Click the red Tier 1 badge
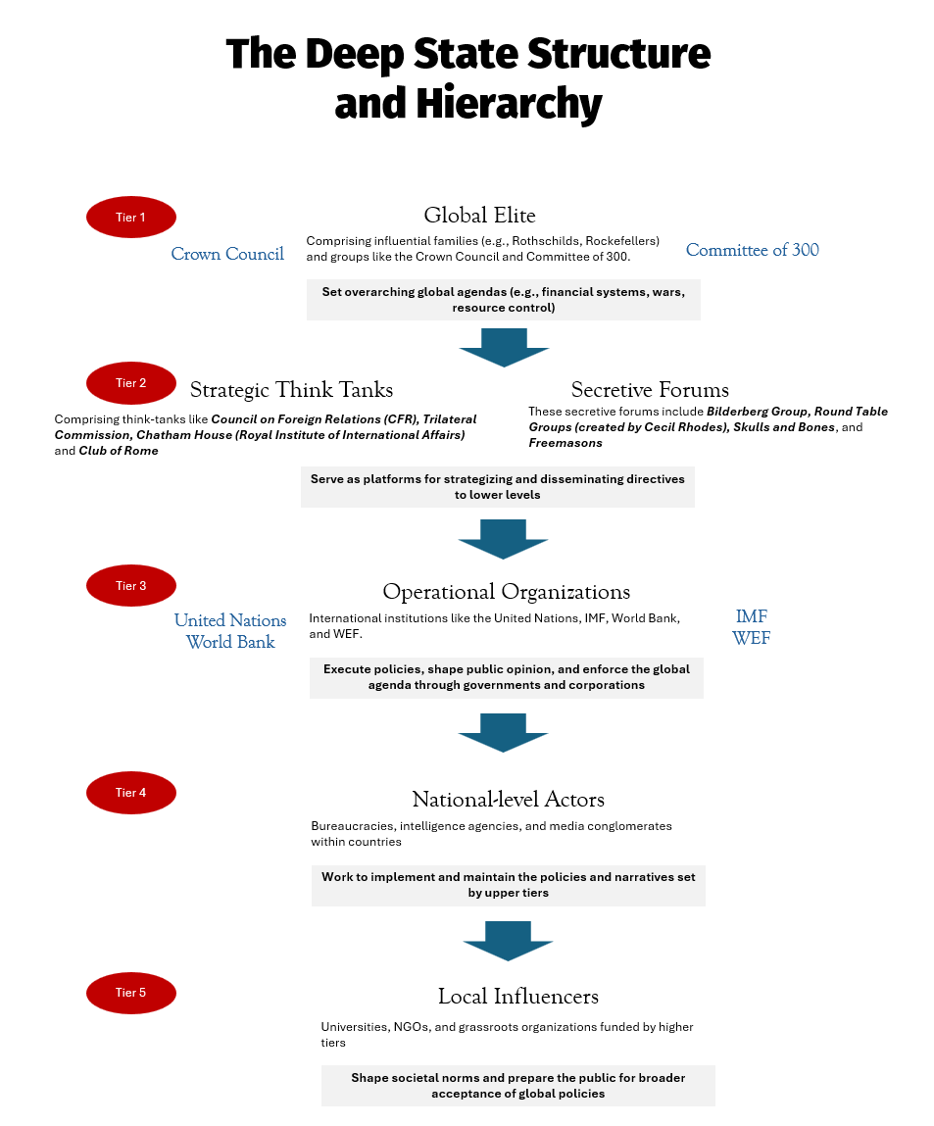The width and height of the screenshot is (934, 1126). coord(131,218)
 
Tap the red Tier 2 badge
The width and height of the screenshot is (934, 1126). coord(131,383)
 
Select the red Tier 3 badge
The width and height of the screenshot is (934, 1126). coord(131,586)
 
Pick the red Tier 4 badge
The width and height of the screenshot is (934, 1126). coord(131,793)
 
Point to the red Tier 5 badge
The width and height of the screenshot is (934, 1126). coord(131,993)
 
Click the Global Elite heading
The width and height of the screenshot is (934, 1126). coord(479,216)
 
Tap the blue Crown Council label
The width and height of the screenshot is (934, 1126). coord(227,254)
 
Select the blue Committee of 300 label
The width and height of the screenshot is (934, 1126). coord(752,250)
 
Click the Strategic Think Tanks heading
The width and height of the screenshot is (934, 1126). coord(291,390)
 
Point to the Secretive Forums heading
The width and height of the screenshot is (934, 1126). coord(650,390)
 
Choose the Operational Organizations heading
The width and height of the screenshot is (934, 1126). coord(506,592)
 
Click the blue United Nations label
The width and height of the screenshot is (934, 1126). coord(230,620)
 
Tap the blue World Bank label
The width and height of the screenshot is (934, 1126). coord(230,643)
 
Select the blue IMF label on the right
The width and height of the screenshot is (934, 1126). coord(752,616)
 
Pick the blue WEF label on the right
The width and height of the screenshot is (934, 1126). coord(752,639)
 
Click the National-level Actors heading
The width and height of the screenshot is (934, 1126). coord(508,799)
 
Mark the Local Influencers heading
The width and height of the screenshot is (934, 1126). coord(517,997)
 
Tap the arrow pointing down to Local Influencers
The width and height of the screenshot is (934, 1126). coord(508,942)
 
